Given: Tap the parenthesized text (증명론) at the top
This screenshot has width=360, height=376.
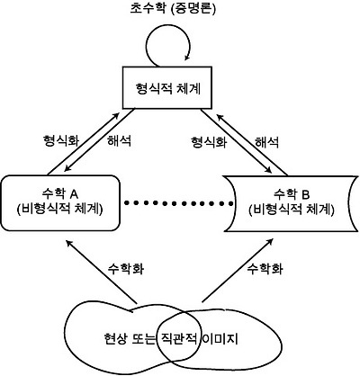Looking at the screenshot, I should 201,9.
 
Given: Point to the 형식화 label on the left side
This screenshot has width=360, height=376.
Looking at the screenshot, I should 61,142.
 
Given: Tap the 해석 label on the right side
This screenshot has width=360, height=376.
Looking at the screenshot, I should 268,142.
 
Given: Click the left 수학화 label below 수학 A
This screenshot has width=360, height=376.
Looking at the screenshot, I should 126,268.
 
